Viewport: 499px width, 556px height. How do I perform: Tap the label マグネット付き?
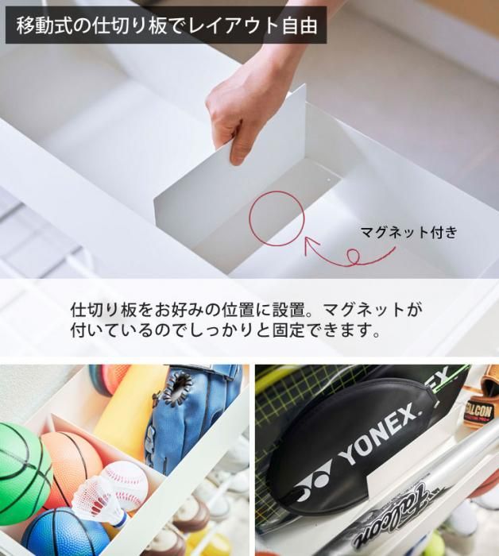[408, 232]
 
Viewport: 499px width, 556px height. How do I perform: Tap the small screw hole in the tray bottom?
[328, 180]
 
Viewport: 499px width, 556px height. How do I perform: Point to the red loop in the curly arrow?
[352, 256]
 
